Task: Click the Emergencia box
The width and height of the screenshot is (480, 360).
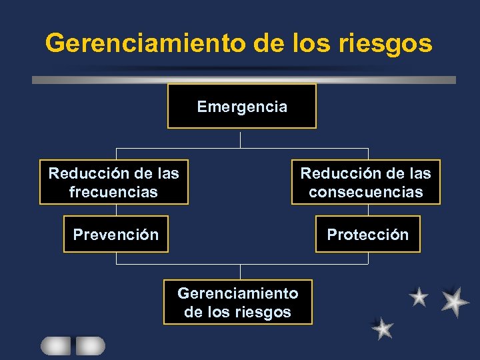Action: [241, 106]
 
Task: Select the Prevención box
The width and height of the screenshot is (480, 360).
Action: [116, 234]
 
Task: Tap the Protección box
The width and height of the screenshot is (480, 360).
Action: [367, 234]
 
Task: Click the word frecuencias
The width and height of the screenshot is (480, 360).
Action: [113, 192]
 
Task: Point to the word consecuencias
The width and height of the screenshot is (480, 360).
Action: [365, 192]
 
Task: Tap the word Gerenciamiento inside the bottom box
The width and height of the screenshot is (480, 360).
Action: [238, 293]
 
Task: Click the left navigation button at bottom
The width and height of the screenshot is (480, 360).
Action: [55, 345]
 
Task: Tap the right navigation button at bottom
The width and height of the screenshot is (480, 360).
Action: [90, 345]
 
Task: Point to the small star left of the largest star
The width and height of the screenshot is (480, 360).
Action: [419, 297]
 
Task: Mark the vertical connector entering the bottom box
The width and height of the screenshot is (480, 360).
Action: [241, 272]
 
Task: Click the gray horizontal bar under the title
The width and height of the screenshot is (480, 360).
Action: [243, 79]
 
